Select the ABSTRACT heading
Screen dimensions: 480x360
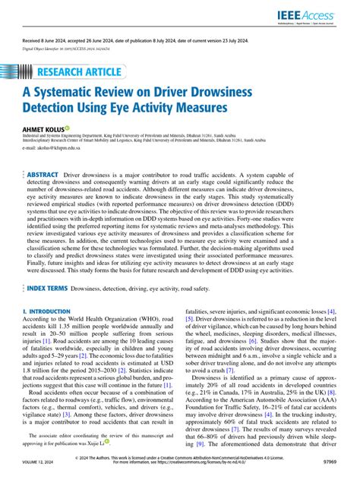coord(43,175)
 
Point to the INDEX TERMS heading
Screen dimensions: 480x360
coord(48,268)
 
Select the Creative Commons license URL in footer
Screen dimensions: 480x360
coord(224,471)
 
